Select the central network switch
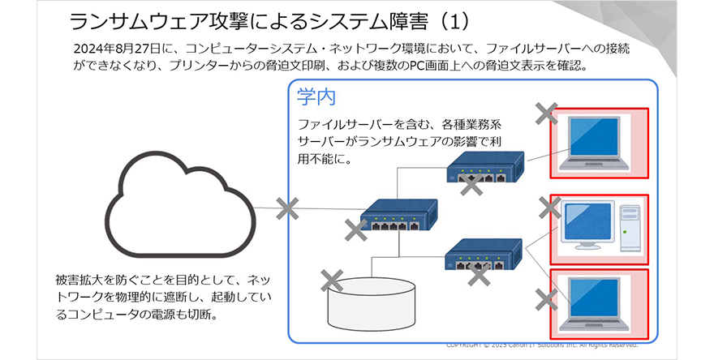click(x=398, y=218)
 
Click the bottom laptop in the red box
click(x=599, y=303)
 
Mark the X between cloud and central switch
click(x=286, y=209)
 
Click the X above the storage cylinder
click(x=331, y=281)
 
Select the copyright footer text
click(x=543, y=344)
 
